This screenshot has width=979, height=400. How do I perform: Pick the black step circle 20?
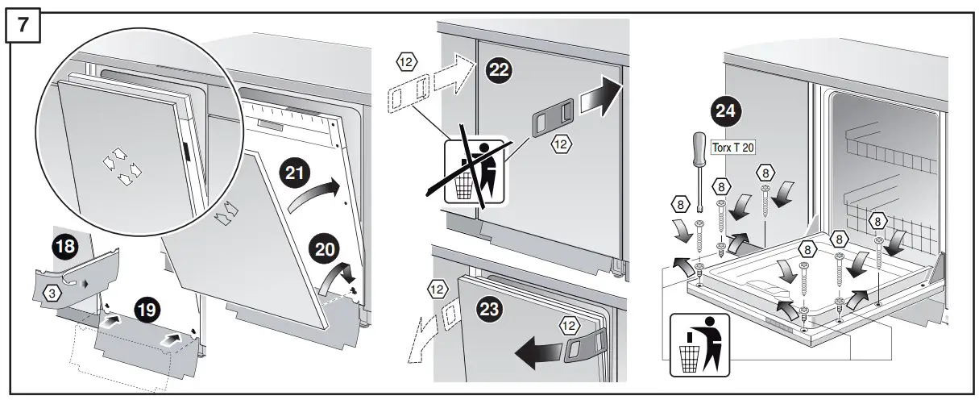328,250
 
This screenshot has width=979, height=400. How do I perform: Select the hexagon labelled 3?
52,294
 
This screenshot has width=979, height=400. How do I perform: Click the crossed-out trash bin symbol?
475,171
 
